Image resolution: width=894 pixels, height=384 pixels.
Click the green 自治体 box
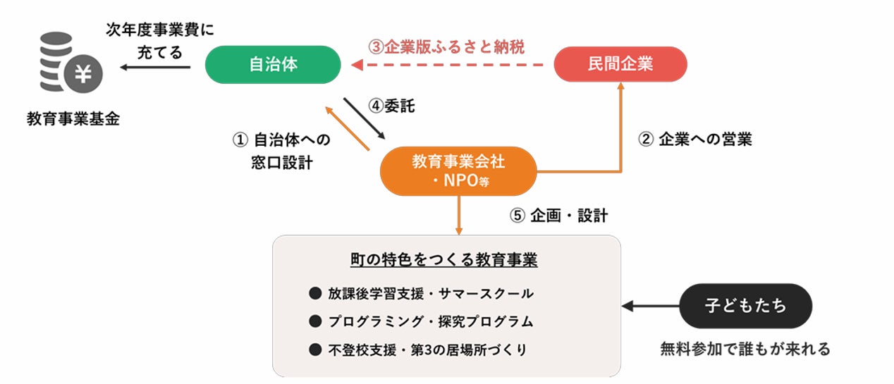pos(273,65)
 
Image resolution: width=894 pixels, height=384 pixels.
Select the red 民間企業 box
pos(620,65)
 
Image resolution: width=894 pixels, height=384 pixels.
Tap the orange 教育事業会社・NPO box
pos(458,171)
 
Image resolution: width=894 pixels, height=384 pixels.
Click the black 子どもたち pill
pos(745,306)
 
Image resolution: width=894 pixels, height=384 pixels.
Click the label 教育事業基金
pos(73,118)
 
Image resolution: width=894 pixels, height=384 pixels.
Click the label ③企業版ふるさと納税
pos(446,47)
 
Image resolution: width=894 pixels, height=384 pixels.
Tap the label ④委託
pos(392,106)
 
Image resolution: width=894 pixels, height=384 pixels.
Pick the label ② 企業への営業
pos(695,140)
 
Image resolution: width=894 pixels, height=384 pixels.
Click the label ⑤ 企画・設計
pos(558,216)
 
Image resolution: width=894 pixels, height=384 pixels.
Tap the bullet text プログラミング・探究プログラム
pos(430,321)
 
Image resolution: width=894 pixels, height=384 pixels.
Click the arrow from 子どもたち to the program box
pos(650,306)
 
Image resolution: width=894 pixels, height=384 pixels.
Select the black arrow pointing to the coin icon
pos(155,68)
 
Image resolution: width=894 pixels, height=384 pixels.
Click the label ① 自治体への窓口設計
pos(281,151)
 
